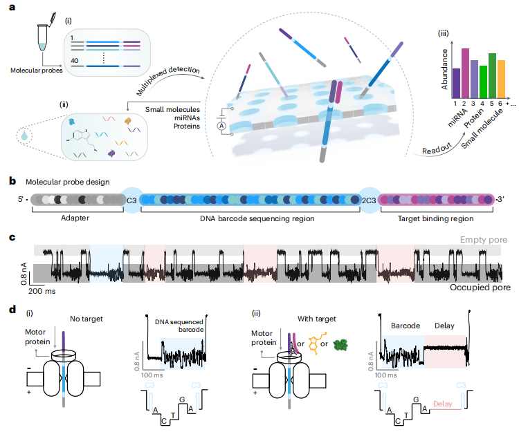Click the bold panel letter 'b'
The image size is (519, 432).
(13, 181)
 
